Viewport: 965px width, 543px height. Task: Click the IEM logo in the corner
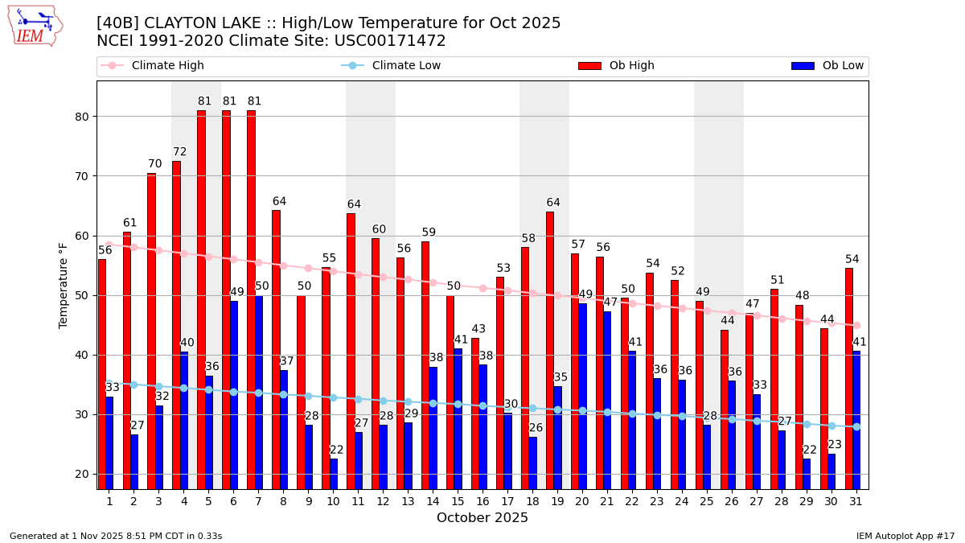click(x=35, y=26)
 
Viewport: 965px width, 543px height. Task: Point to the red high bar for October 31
click(x=849, y=378)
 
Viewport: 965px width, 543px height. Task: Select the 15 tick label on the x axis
click(x=458, y=501)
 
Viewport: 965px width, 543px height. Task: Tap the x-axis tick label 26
click(x=732, y=501)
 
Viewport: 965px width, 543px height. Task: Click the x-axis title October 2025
click(x=482, y=518)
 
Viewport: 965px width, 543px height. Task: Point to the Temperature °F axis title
click(x=64, y=285)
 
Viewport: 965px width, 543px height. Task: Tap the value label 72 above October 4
click(x=179, y=152)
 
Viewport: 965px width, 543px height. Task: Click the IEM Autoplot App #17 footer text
click(x=905, y=536)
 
